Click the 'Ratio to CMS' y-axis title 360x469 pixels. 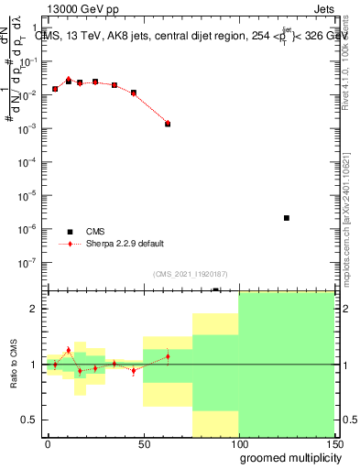pos(13,364)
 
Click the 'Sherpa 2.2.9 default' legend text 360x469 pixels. pos(125,244)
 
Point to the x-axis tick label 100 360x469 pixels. pos(238,444)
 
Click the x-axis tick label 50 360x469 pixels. pos(144,444)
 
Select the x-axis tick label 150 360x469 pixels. pos(332,444)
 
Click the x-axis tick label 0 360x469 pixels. pos(48,444)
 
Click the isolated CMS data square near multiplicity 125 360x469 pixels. pos(287,218)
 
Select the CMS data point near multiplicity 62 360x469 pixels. pos(168,124)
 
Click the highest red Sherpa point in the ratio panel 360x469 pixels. pos(69,350)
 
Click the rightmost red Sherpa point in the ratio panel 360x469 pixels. pos(168,356)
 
